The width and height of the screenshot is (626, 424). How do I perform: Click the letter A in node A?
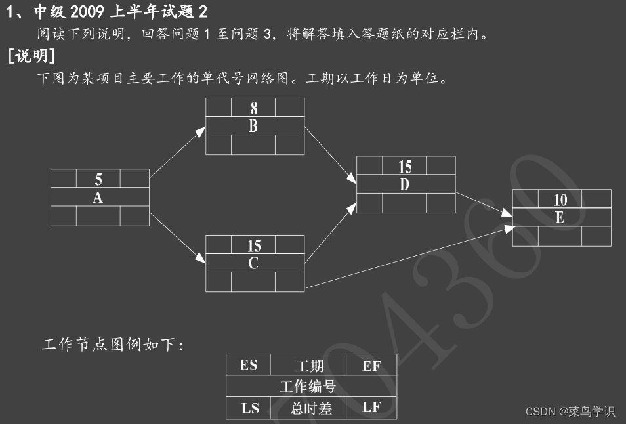click(x=98, y=198)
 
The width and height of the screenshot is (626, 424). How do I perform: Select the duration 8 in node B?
click(x=254, y=108)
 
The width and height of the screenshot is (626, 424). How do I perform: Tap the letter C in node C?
click(x=254, y=264)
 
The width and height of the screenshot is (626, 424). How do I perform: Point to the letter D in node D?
click(x=405, y=185)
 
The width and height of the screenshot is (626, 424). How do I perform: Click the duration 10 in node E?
click(x=560, y=200)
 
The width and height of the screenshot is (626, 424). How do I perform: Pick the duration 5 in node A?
click(x=98, y=179)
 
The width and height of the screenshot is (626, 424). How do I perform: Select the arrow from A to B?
click(x=177, y=153)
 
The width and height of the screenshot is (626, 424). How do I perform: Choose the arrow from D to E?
click(x=484, y=204)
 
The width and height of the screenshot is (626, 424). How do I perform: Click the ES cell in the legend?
click(x=249, y=366)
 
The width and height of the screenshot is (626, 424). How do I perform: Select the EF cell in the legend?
click(x=371, y=366)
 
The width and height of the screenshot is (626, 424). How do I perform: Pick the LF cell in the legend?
click(x=371, y=408)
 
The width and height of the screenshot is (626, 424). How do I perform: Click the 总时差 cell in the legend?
click(x=311, y=408)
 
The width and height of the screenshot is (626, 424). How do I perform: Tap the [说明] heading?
click(x=31, y=56)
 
